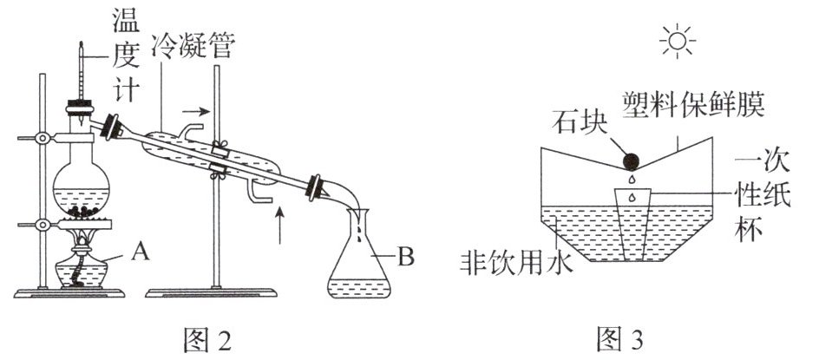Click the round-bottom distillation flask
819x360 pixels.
coord(85,187)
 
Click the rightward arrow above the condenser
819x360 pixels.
coord(196,111)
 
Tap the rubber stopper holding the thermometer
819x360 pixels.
coord(80,112)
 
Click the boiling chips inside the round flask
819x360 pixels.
coord(85,210)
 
